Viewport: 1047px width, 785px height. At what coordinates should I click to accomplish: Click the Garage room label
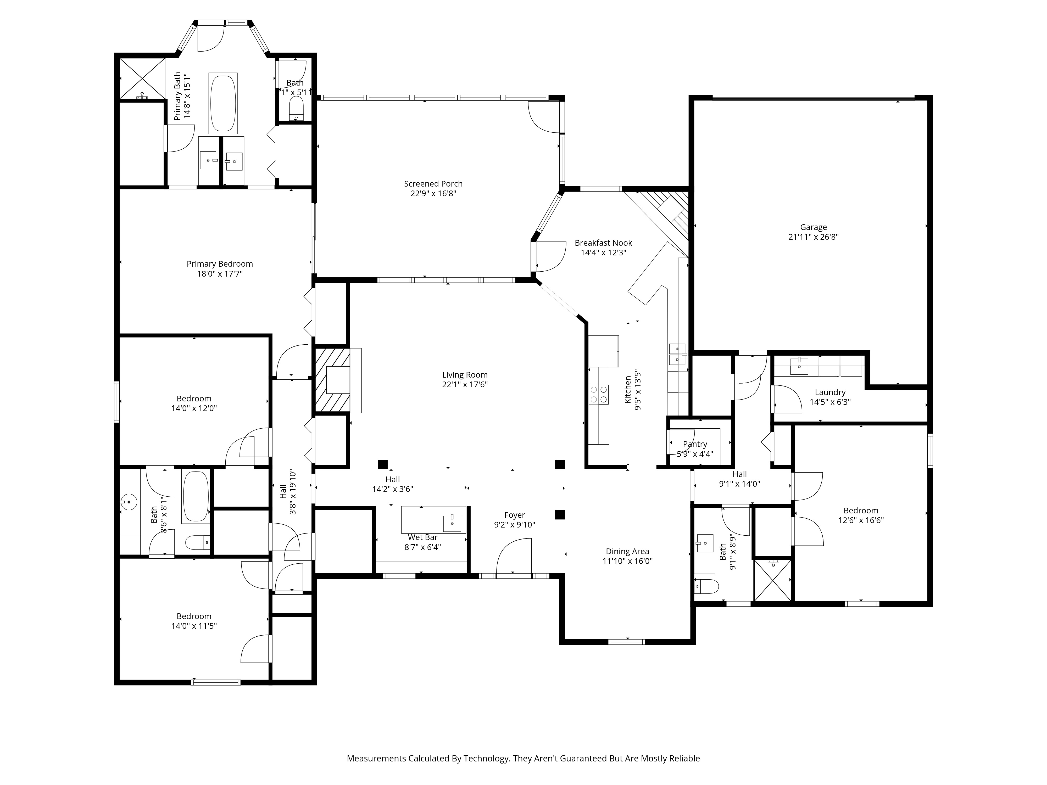point(813,227)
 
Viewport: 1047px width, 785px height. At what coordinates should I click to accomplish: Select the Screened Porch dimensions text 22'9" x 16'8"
point(433,194)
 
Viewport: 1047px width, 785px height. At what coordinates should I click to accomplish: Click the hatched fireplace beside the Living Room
point(332,380)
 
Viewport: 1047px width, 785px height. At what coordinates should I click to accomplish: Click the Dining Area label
point(627,551)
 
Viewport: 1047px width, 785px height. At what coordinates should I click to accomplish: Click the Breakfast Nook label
point(603,243)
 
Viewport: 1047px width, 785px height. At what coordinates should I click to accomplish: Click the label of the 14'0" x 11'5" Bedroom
point(194,616)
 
